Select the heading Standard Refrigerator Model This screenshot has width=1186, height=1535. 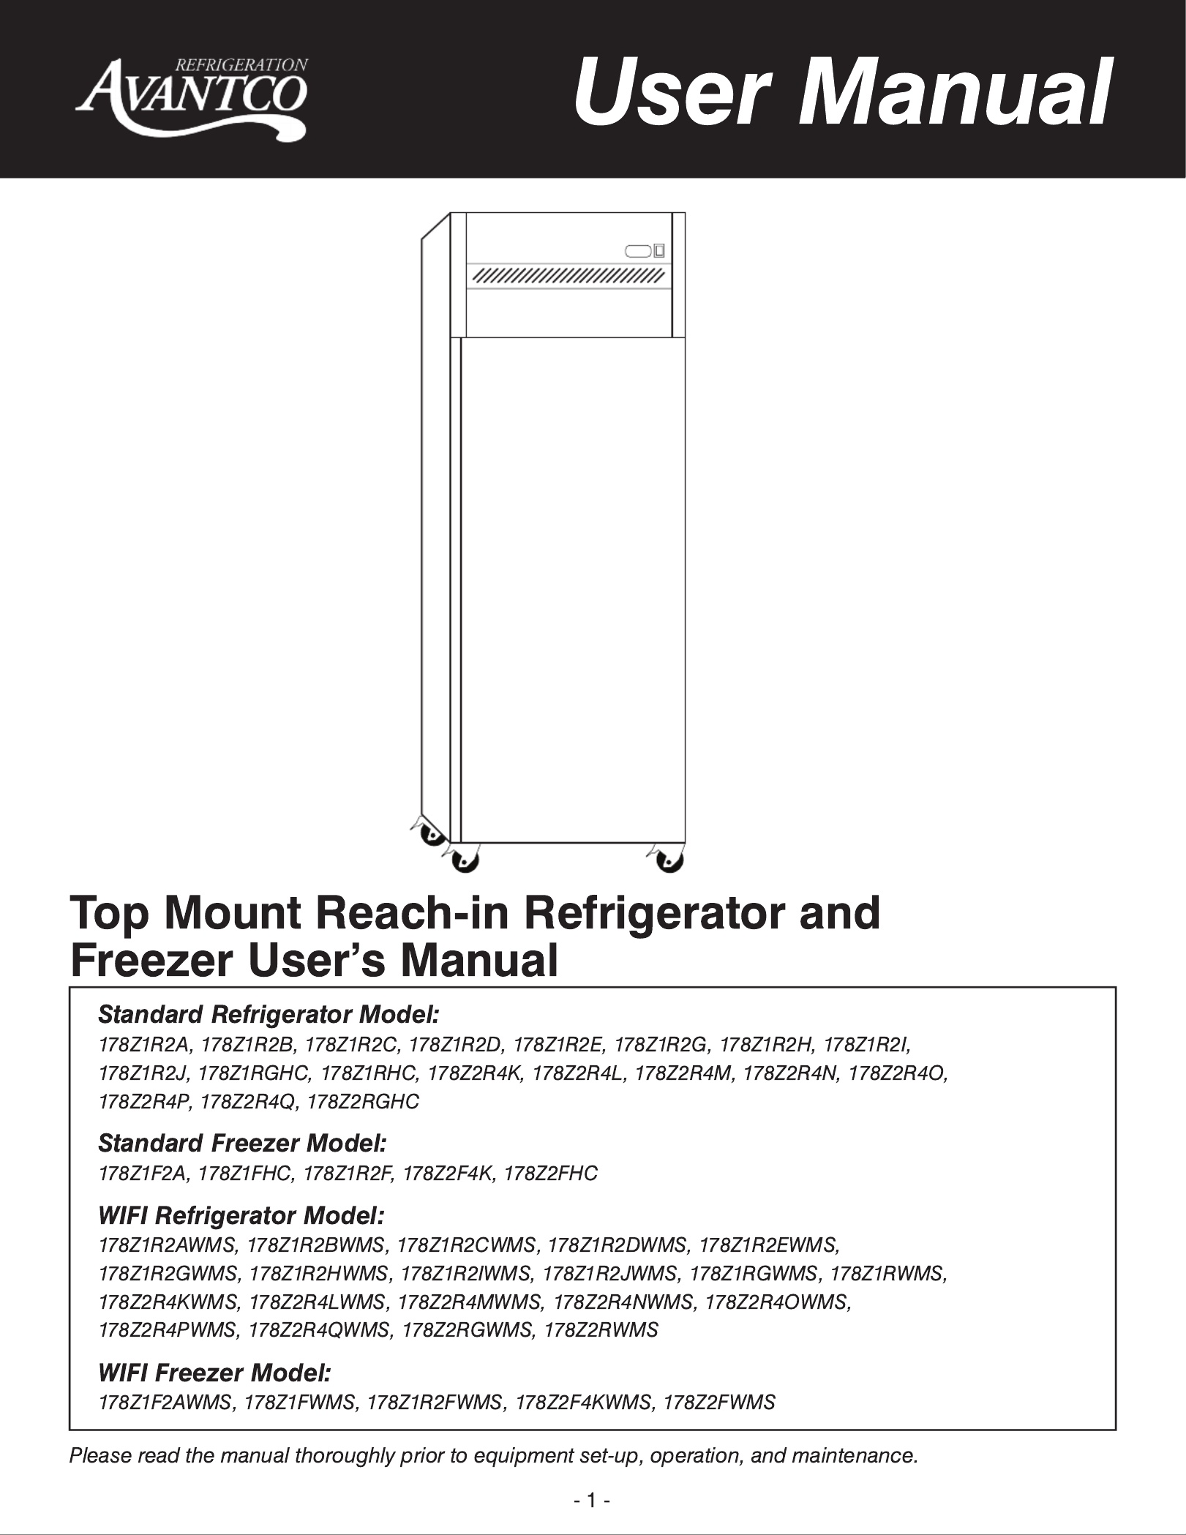tap(269, 1015)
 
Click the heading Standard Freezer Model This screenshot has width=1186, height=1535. tap(241, 1142)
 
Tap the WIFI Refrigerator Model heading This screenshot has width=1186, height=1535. tap(241, 1216)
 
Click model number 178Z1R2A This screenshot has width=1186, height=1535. tap(144, 1043)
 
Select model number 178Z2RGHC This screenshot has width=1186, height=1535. tap(364, 1102)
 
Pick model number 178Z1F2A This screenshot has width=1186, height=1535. tap(143, 1174)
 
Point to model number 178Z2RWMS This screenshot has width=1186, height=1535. tap(601, 1330)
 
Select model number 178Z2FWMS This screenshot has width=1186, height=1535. tap(719, 1403)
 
